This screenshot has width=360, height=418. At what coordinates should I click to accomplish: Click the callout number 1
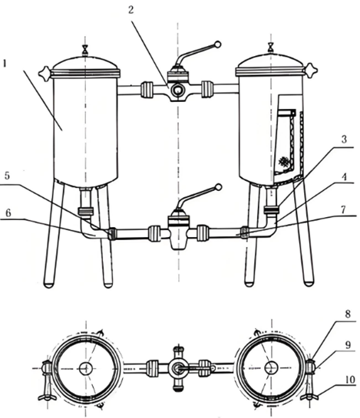(4, 64)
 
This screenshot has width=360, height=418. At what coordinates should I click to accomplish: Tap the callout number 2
(130, 10)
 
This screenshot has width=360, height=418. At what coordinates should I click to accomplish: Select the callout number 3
(344, 139)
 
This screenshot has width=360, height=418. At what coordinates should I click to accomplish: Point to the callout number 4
(345, 177)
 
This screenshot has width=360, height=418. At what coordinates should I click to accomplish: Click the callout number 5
(7, 176)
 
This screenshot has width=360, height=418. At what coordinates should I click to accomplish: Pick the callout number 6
(8, 213)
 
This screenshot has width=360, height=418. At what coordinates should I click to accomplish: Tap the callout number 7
(343, 210)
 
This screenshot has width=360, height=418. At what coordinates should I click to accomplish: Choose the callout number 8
(348, 314)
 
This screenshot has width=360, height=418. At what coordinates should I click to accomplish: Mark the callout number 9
(348, 345)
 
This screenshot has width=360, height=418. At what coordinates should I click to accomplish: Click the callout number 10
(350, 380)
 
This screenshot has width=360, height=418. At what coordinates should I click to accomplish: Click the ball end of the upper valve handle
(218, 44)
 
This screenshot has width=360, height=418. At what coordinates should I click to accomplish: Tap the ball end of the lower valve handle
(218, 187)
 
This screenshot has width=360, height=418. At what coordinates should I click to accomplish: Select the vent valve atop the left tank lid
(85, 51)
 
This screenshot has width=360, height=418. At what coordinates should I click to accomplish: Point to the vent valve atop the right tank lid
(271, 48)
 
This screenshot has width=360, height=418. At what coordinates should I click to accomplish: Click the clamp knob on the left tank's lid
(45, 73)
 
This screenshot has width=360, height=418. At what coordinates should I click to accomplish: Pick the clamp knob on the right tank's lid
(311, 70)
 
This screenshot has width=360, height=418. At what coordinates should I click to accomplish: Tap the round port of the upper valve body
(177, 91)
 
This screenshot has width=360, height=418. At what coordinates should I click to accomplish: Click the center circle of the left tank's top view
(86, 368)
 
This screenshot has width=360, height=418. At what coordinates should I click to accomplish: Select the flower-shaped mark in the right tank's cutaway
(283, 162)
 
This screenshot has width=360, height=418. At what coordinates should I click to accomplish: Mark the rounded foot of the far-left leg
(49, 285)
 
